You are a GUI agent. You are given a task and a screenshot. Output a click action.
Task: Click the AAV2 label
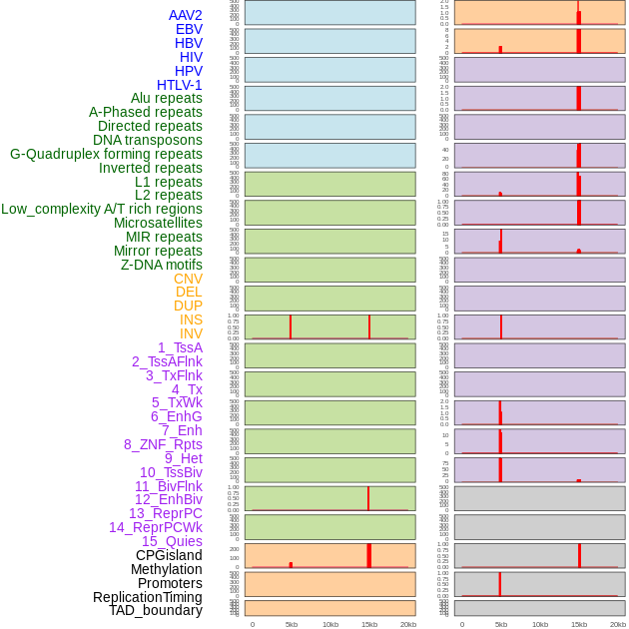(185, 15)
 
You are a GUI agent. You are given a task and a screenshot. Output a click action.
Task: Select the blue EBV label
(189, 29)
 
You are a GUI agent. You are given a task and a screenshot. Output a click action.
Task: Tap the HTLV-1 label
(179, 85)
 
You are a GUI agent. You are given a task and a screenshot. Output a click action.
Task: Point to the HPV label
(189, 71)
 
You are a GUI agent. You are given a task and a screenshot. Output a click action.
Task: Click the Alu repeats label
(167, 98)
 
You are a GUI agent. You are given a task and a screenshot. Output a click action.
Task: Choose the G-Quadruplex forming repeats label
(106, 154)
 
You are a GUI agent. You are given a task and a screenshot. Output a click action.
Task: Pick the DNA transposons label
(148, 140)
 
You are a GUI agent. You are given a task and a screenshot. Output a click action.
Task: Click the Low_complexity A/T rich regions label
(102, 209)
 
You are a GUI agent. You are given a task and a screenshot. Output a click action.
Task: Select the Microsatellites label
(158, 223)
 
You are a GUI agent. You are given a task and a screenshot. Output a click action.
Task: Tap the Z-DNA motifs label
(162, 265)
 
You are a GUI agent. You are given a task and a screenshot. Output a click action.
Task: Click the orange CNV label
(188, 279)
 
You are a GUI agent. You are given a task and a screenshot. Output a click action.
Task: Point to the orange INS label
(191, 319)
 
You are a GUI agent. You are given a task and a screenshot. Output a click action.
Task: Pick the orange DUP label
(188, 306)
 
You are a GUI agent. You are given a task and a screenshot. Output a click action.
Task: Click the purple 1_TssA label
(180, 347)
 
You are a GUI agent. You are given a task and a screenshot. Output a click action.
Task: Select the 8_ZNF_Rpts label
(163, 444)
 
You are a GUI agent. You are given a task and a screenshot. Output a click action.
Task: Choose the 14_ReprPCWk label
(156, 527)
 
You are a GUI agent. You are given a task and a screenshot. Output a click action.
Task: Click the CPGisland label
(169, 555)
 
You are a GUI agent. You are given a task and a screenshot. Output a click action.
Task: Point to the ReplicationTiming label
(148, 597)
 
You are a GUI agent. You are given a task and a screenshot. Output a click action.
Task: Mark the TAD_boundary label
(156, 610)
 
